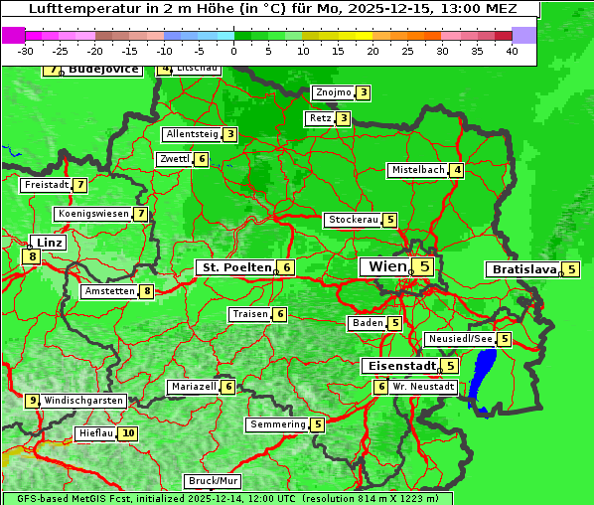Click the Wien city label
pyautogui.click(x=386, y=266)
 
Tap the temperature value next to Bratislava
pyautogui.click(x=572, y=269)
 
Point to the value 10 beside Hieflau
pyautogui.click(x=128, y=433)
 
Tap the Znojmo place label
pyautogui.click(x=333, y=92)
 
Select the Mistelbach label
pyautogui.click(x=418, y=170)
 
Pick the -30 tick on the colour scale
pyautogui.click(x=26, y=51)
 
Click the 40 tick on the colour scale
pyautogui.click(x=512, y=51)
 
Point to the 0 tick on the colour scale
pyautogui.click(x=234, y=51)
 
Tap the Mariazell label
pyautogui.click(x=194, y=387)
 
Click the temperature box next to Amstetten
pyautogui.click(x=147, y=291)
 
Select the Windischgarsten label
pyautogui.click(x=83, y=401)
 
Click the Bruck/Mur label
pyautogui.click(x=213, y=481)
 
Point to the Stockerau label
pyautogui.click(x=353, y=220)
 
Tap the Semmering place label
pyautogui.click(x=278, y=424)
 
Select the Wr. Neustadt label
pyautogui.click(x=423, y=386)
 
